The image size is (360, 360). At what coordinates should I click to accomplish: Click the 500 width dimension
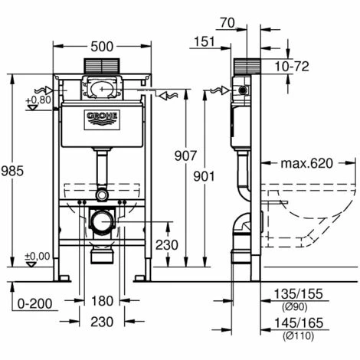click(x=102, y=47)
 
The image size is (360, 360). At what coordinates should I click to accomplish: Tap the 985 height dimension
click(x=12, y=171)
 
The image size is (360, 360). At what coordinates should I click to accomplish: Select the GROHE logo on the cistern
click(x=102, y=120)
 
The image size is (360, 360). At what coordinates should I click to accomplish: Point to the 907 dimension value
click(x=185, y=155)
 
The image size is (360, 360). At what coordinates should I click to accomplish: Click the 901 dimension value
click(x=204, y=176)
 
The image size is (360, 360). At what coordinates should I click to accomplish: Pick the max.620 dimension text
click(x=307, y=163)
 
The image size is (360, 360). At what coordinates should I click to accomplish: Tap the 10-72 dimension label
click(x=292, y=67)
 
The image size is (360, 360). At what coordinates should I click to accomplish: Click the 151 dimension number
click(x=205, y=41)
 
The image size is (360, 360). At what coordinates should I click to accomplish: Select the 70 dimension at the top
click(x=227, y=23)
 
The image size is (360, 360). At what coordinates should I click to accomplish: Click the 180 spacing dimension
click(x=102, y=301)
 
